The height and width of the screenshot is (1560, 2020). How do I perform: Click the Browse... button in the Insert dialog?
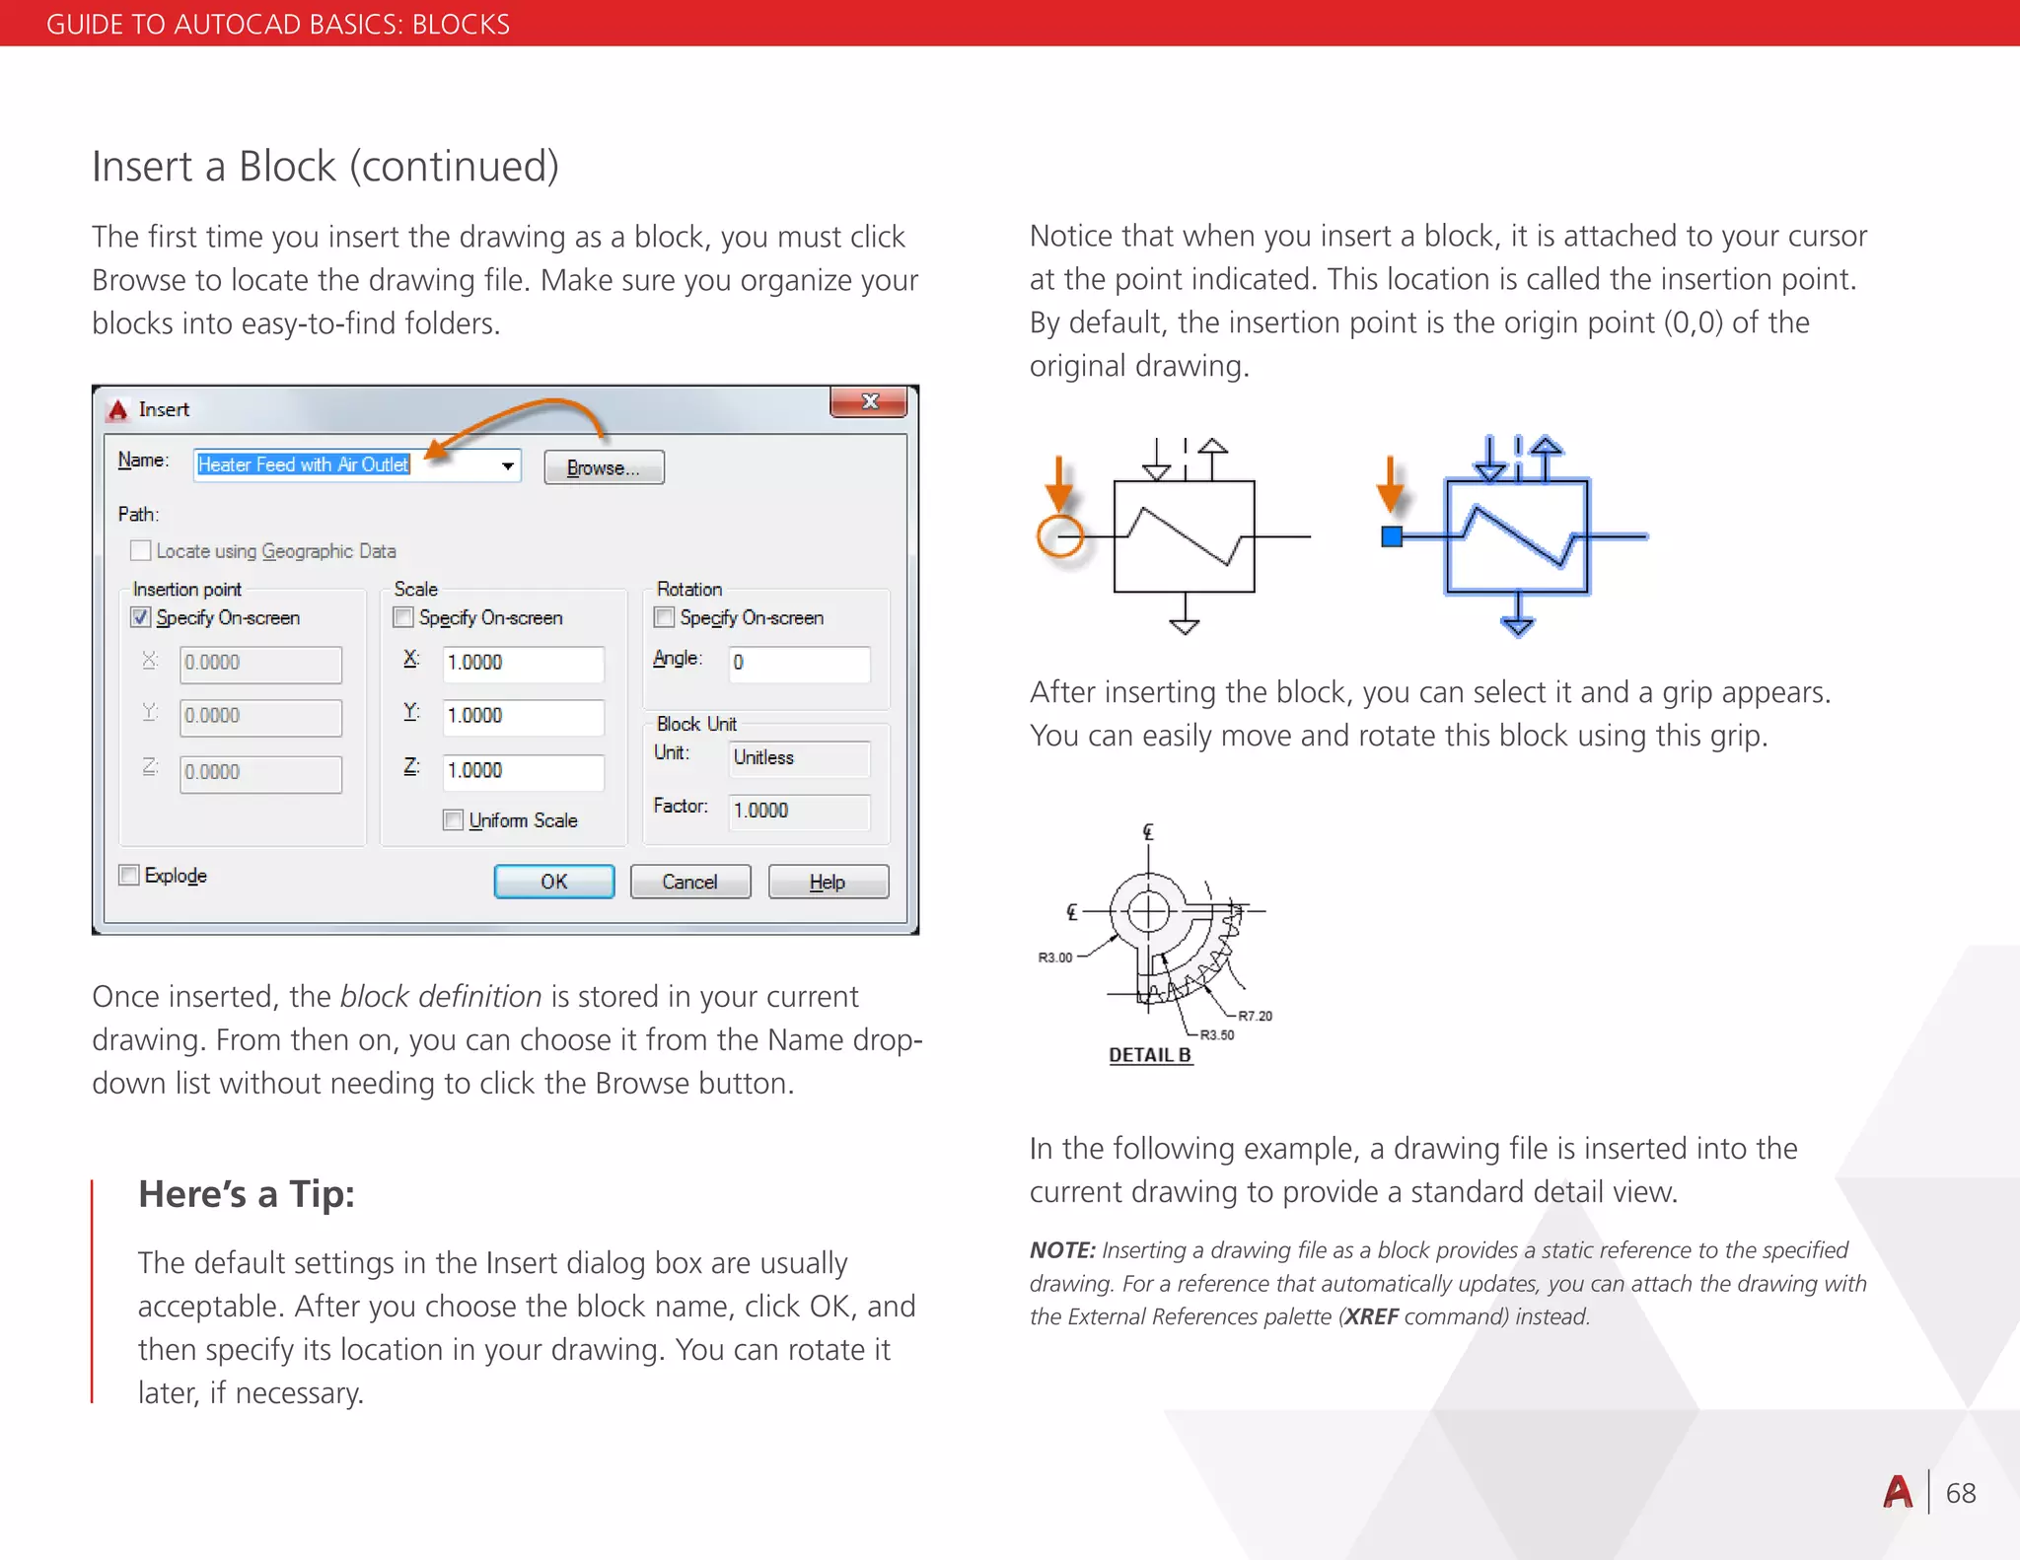(x=604, y=467)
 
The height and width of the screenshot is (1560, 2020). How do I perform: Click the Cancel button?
(x=689, y=882)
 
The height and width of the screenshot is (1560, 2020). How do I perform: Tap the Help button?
(x=828, y=882)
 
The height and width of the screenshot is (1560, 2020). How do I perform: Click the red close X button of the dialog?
(x=869, y=401)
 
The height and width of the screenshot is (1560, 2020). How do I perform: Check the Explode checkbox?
(x=129, y=876)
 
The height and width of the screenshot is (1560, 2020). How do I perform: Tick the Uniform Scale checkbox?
(x=454, y=820)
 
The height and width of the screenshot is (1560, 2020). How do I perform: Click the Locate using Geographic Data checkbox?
(x=141, y=550)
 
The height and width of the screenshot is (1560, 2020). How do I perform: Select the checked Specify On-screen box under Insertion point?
(x=141, y=617)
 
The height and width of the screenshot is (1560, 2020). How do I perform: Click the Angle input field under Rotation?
(x=799, y=663)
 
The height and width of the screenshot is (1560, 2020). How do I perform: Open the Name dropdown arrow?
(x=507, y=465)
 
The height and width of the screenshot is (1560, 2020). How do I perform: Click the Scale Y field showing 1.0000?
(x=523, y=716)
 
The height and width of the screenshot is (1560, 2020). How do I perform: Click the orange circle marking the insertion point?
(x=1060, y=536)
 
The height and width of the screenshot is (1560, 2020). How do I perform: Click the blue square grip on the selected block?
(x=1392, y=536)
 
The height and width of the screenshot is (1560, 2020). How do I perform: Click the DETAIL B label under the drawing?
(x=1150, y=1055)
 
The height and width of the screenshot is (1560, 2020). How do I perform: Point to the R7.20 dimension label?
(x=1255, y=1016)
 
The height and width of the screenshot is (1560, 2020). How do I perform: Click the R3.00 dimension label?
(x=1054, y=957)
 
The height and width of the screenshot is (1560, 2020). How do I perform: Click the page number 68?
(x=1961, y=1494)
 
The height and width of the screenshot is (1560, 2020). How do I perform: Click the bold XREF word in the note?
(x=1371, y=1317)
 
